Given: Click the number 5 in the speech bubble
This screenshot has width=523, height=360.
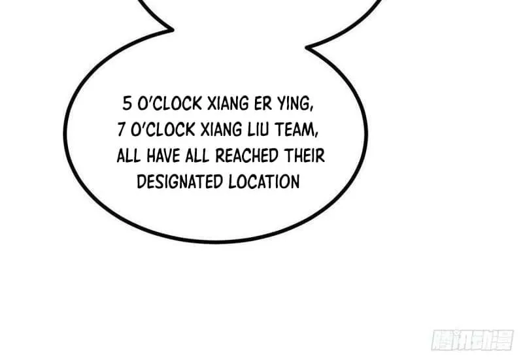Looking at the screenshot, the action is click(x=127, y=103).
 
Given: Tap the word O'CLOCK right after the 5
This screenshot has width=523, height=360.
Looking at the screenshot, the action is click(x=170, y=103).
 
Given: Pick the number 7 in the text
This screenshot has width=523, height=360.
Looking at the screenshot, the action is click(x=121, y=129).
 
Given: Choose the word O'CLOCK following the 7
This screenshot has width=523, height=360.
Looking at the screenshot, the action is click(x=163, y=129).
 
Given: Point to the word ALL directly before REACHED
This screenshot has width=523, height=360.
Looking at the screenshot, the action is click(x=198, y=155).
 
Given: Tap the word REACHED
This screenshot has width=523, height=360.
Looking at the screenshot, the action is click(x=247, y=155).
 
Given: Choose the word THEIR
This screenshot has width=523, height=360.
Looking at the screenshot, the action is click(x=304, y=155).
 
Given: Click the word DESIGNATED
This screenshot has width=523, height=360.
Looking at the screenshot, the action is click(x=180, y=182).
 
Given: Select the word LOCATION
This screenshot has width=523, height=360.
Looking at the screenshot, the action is click(x=264, y=182).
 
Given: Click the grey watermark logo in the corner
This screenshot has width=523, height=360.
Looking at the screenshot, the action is click(x=473, y=340).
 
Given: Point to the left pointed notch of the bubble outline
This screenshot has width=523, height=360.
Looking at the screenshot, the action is click(x=173, y=29).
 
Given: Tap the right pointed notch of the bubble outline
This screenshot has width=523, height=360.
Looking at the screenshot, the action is click(x=306, y=47).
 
